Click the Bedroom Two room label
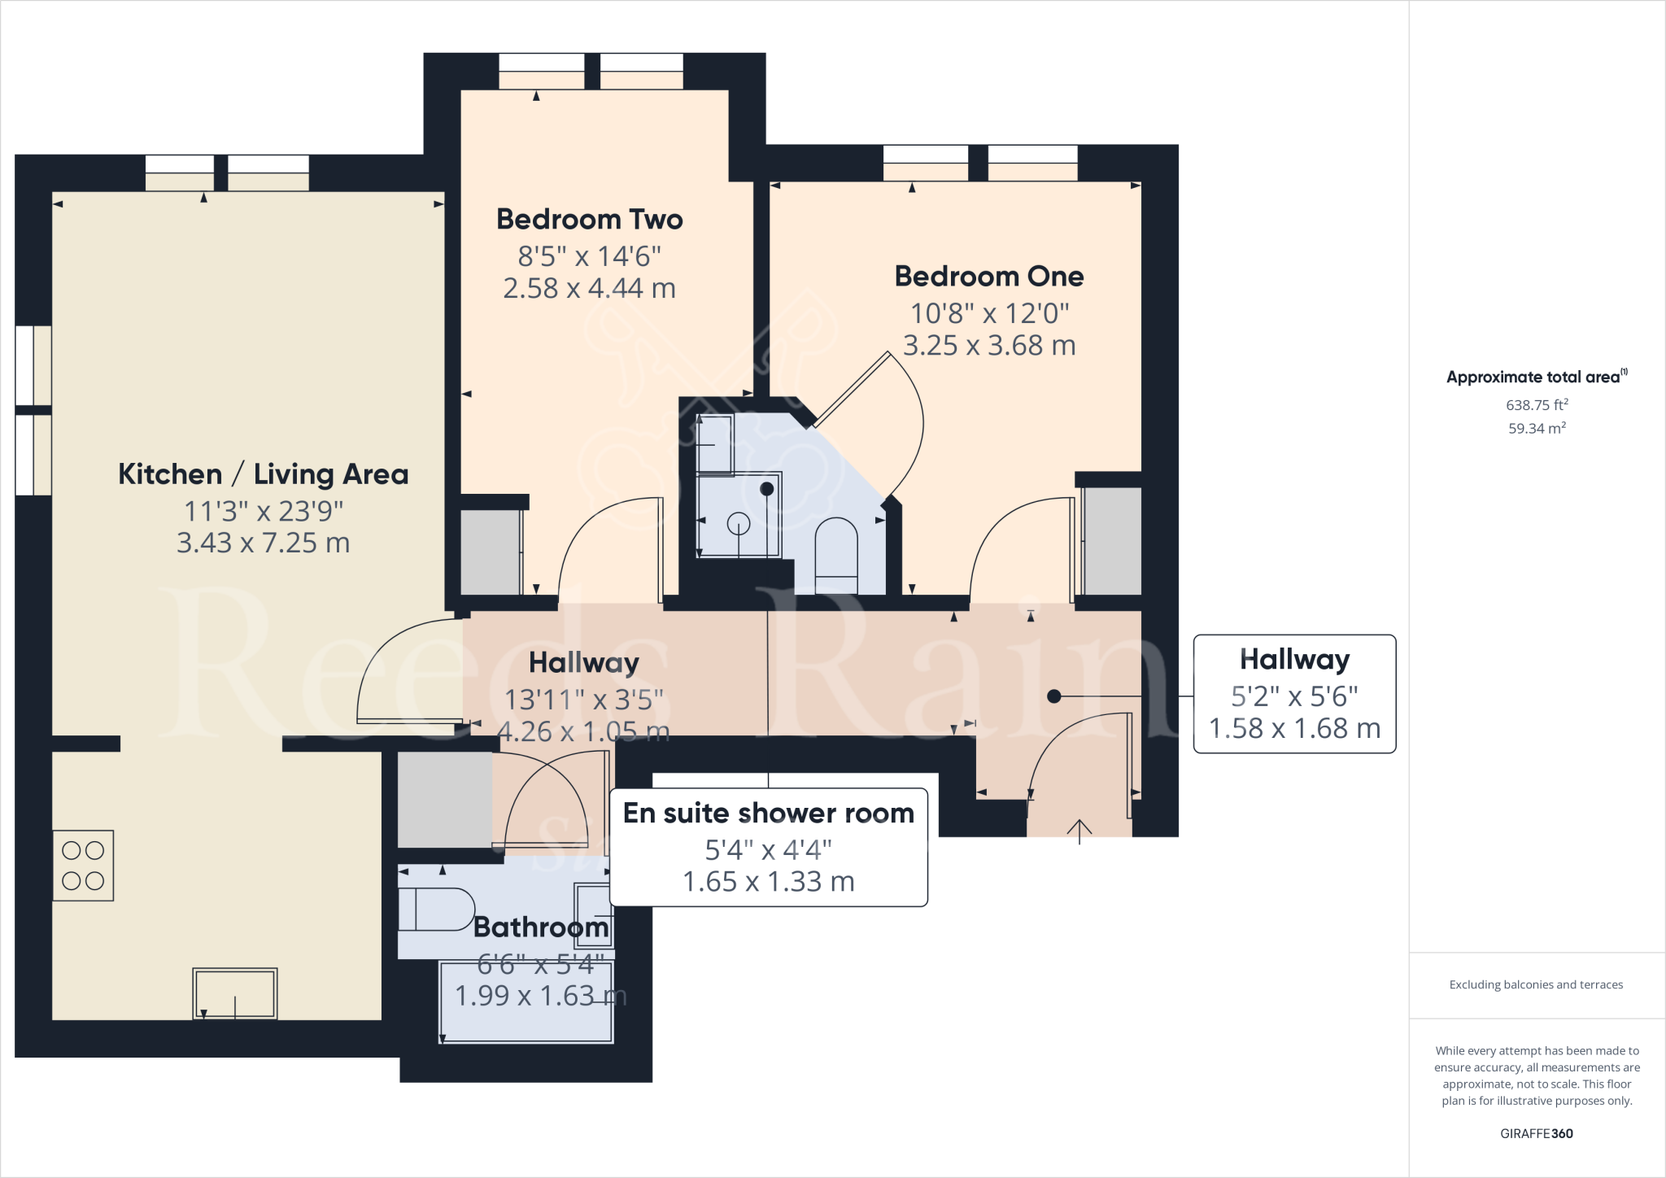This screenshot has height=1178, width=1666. pyautogui.click(x=589, y=220)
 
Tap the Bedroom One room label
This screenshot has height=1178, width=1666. pyautogui.click(x=988, y=277)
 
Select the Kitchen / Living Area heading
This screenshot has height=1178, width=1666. pyautogui.click(x=263, y=474)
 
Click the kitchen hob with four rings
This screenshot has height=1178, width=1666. pyautogui.click(x=83, y=866)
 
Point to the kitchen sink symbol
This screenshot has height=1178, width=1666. pyautogui.click(x=235, y=993)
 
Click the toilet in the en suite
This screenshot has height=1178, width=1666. pyautogui.click(x=836, y=547)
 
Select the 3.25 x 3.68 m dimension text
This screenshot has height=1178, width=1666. pyautogui.click(x=989, y=346)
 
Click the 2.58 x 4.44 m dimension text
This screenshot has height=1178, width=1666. pyautogui.click(x=589, y=289)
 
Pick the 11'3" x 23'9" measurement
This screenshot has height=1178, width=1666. pyautogui.click(x=263, y=512)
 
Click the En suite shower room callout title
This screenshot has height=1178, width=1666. pyautogui.click(x=768, y=814)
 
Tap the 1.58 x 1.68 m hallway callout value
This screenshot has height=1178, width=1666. pyautogui.click(x=1294, y=729)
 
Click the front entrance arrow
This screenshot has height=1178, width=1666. pyautogui.click(x=1079, y=831)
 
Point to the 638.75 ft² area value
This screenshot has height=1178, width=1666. pyautogui.click(x=1537, y=405)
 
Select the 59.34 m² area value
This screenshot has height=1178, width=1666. pyautogui.click(x=1537, y=429)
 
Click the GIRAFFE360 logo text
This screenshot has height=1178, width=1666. pyautogui.click(x=1536, y=1133)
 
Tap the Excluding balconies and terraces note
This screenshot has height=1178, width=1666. pyautogui.click(x=1536, y=985)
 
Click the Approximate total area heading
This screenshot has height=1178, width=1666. pyautogui.click(x=1536, y=377)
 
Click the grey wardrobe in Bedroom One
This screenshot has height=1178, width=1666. pyautogui.click(x=1112, y=541)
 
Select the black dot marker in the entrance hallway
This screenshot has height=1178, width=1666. pyautogui.click(x=1054, y=696)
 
